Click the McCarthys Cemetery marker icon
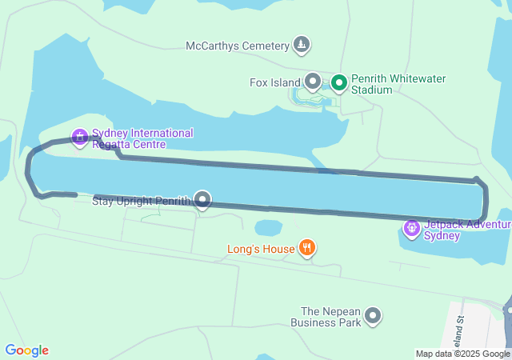click(302, 45)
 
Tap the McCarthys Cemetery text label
click(237, 46)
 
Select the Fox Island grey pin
click(313, 82)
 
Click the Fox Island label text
click(274, 82)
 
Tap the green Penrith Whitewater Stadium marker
click(339, 82)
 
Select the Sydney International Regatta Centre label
click(142, 138)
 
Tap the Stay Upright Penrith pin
click(203, 200)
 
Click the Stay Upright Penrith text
click(142, 200)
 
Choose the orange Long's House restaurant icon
click(306, 249)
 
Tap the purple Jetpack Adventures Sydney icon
click(412, 230)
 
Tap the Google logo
click(26, 350)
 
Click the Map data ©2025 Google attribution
click(462, 354)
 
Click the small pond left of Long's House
click(268, 228)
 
